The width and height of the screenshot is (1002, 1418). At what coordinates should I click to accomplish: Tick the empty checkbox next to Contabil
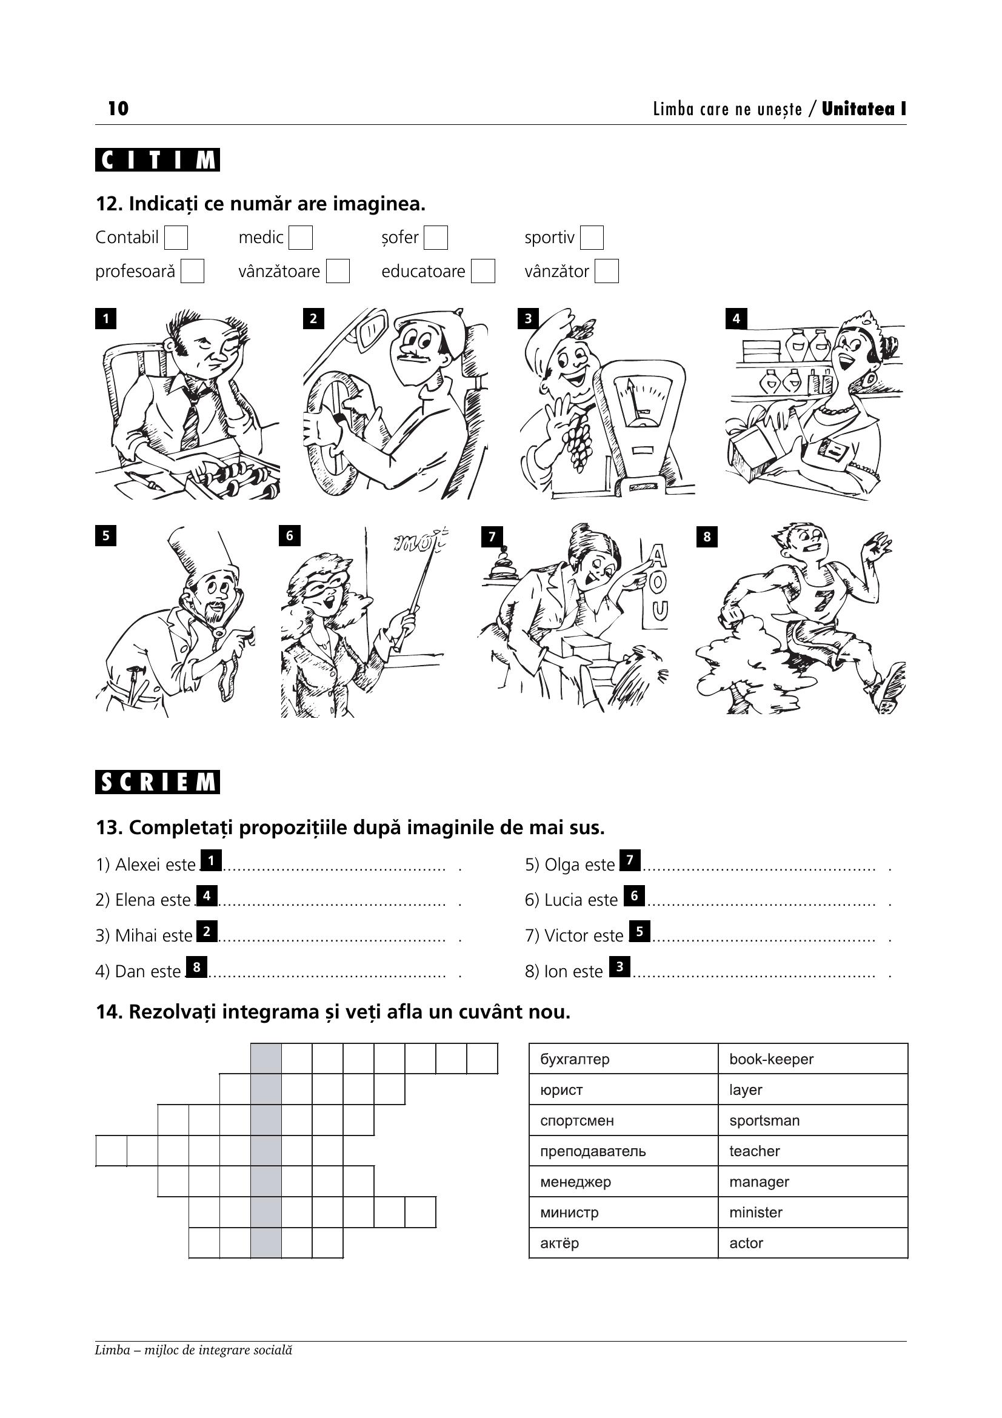(x=176, y=238)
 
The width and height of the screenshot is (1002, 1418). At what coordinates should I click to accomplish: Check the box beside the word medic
(x=301, y=238)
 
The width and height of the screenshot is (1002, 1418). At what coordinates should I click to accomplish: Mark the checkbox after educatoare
(x=483, y=271)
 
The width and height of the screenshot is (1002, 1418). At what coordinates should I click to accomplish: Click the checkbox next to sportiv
(x=592, y=238)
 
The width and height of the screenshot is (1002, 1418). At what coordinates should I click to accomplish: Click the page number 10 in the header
(x=118, y=109)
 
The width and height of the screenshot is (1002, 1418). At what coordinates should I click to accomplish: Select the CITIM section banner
(x=158, y=161)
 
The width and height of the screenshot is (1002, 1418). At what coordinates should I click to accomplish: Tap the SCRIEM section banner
(x=158, y=783)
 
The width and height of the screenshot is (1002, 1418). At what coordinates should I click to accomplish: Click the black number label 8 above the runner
(x=707, y=537)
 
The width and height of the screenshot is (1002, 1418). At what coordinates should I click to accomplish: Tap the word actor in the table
(x=746, y=1244)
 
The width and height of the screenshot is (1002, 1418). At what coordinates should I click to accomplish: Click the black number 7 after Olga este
(x=630, y=860)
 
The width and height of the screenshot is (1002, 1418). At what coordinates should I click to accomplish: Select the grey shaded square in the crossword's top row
(x=266, y=1059)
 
